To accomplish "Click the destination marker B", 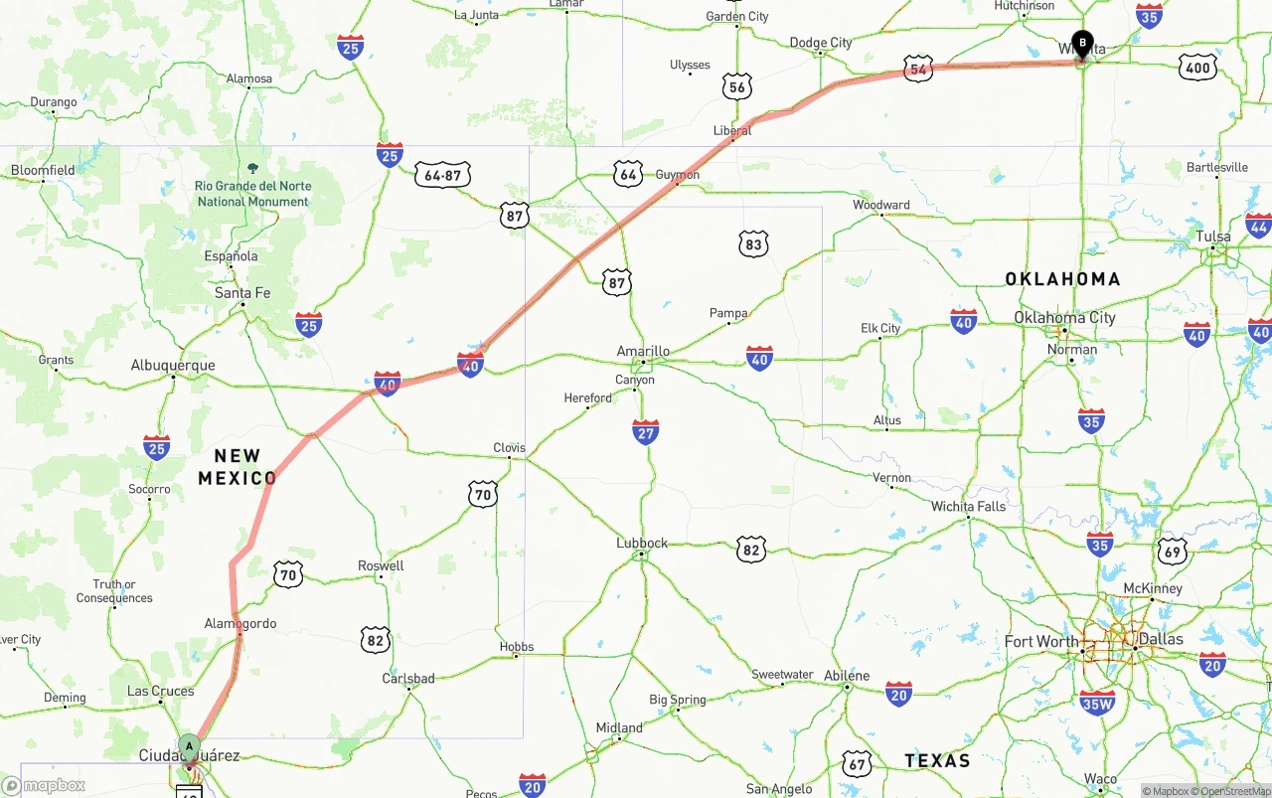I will pos(1082,44).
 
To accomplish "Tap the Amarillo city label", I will pos(643,351).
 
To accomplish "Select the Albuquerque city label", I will pos(173,365).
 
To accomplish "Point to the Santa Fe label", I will pos(242,292).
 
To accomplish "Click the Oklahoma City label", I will pos(1064,317).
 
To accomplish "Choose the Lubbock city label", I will pos(642,543).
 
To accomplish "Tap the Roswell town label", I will pos(381,565).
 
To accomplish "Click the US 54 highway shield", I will pos(918,69).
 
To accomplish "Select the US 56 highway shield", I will pos(736,86).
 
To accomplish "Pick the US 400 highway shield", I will pos(1197,68).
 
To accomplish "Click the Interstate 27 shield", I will pos(646,430).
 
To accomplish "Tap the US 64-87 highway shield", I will pos(442,175).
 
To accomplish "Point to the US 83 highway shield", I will pos(753,243).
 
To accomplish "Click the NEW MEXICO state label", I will pos(238,467).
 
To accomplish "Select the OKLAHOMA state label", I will pos(1062,279).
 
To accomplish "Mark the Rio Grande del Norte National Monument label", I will pos(252,193).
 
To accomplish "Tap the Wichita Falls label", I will pos(968,506).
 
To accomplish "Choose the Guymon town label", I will pos(678,175).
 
